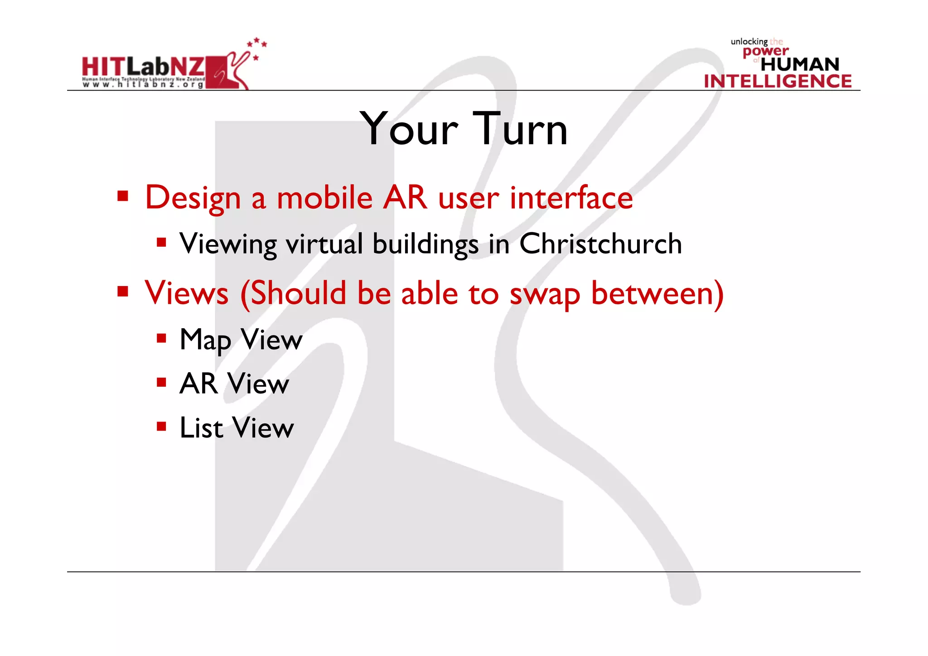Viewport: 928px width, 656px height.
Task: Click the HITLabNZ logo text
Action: tap(143, 67)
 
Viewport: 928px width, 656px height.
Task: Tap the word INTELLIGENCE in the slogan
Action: tap(778, 82)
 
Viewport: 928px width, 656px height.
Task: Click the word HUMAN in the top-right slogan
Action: tap(800, 64)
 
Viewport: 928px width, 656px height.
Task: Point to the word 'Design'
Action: tap(193, 198)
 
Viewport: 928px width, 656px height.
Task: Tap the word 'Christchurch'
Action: tap(600, 244)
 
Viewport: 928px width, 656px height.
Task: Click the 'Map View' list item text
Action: tap(241, 340)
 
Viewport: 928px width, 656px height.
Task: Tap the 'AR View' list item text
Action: tap(234, 384)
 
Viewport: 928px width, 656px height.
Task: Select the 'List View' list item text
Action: tap(237, 428)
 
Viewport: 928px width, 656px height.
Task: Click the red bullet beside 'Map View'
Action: tap(161, 338)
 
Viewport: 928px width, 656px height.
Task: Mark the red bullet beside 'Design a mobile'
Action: tap(122, 196)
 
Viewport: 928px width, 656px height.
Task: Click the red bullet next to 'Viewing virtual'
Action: tap(161, 242)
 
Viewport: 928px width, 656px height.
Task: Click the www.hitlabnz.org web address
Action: tap(143, 84)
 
